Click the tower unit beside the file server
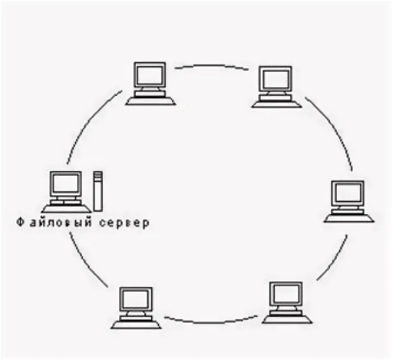pyautogui.click(x=98, y=191)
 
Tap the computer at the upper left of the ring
pyautogui.click(x=150, y=83)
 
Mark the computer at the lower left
pyautogui.click(x=136, y=308)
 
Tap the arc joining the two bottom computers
pyautogui.click(x=211, y=321)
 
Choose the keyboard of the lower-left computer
pyautogui.click(x=136, y=324)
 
